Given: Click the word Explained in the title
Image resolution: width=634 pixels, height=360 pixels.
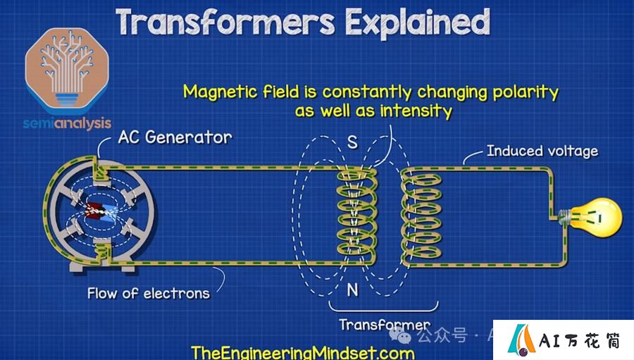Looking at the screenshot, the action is pyautogui.click(x=418, y=23).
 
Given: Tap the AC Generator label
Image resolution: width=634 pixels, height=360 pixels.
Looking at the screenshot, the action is pyautogui.click(x=175, y=137).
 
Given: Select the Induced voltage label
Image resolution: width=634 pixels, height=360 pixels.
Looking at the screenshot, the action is pyautogui.click(x=542, y=151).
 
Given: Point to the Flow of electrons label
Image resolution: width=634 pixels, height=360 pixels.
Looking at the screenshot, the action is pyautogui.click(x=149, y=293).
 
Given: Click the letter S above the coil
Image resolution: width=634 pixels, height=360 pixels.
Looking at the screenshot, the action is pyautogui.click(x=352, y=142).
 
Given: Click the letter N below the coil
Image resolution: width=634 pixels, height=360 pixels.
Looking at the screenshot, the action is pyautogui.click(x=352, y=290).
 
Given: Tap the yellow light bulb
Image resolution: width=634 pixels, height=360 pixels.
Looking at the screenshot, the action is pyautogui.click(x=595, y=217).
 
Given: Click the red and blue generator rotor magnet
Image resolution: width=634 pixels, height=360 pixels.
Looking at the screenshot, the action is pyautogui.click(x=101, y=212).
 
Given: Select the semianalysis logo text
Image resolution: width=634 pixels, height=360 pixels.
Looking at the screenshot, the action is pyautogui.click(x=67, y=123).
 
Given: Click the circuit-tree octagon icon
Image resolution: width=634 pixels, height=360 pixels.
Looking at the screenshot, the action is pyautogui.click(x=67, y=70).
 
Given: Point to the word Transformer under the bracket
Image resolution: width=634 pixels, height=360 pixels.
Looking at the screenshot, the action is pyautogui.click(x=385, y=324).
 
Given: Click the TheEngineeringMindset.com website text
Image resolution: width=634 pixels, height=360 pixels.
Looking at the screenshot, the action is pyautogui.click(x=303, y=352).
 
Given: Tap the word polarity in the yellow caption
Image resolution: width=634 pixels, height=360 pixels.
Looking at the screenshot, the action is pyautogui.click(x=526, y=92).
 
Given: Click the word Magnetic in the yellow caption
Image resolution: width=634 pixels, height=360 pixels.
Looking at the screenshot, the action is pyautogui.click(x=220, y=92).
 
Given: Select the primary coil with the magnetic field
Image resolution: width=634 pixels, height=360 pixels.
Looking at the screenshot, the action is pyautogui.click(x=356, y=216).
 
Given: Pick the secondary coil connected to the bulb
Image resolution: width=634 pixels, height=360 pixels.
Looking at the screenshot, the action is pyautogui.click(x=421, y=216).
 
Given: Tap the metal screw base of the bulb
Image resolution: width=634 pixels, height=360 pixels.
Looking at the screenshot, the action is pyautogui.click(x=564, y=217).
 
